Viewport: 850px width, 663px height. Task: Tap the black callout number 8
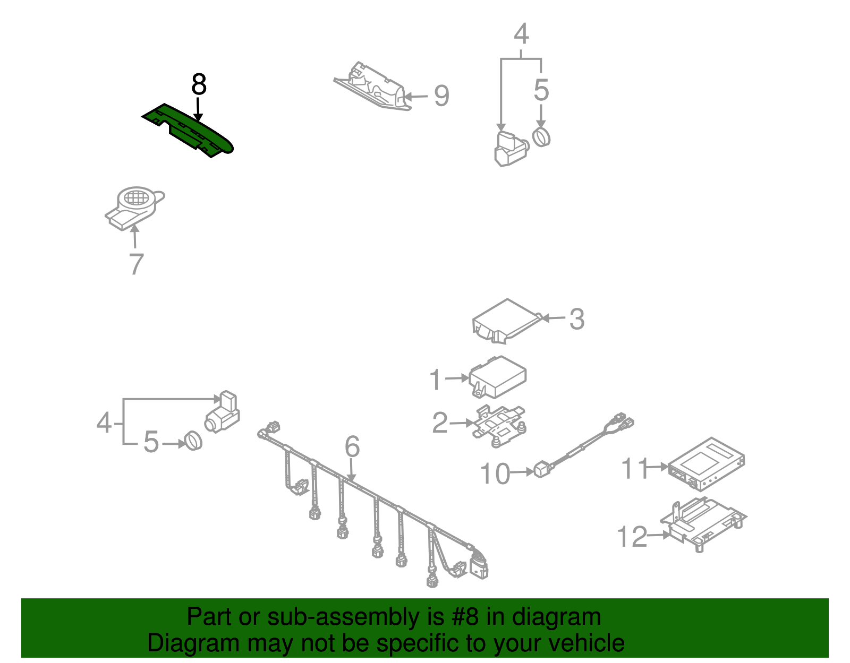tap(198, 84)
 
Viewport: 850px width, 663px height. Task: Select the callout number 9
tap(441, 96)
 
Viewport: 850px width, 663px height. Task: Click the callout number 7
tap(137, 264)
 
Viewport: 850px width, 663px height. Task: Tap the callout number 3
tap(576, 319)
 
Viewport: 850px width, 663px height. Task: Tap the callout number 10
tap(495, 473)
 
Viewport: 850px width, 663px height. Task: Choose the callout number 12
tap(632, 537)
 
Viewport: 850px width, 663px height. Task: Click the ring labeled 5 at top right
tap(541, 137)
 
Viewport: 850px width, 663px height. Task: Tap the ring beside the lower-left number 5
tap(193, 441)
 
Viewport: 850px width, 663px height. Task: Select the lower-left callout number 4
tap(104, 423)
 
